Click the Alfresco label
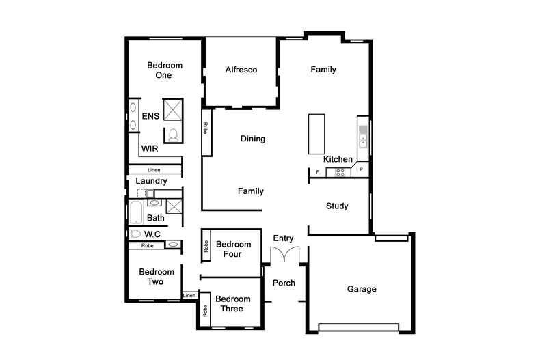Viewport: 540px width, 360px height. pyautogui.click(x=241, y=70)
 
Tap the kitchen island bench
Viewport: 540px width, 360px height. pyautogui.click(x=316, y=135)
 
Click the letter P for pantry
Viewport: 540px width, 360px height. pyautogui.click(x=361, y=169)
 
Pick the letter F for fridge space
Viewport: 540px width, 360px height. pyautogui.click(x=317, y=172)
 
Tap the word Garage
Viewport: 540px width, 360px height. pyautogui.click(x=362, y=289)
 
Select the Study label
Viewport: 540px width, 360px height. pyautogui.click(x=337, y=206)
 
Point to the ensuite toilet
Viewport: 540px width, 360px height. pyautogui.click(x=173, y=134)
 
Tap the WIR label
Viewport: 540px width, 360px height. pyautogui.click(x=150, y=148)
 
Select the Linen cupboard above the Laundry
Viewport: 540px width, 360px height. pyautogui.click(x=154, y=170)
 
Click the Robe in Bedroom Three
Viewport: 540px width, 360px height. pyautogui.click(x=205, y=309)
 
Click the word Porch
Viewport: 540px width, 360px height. pyautogui.click(x=284, y=283)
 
